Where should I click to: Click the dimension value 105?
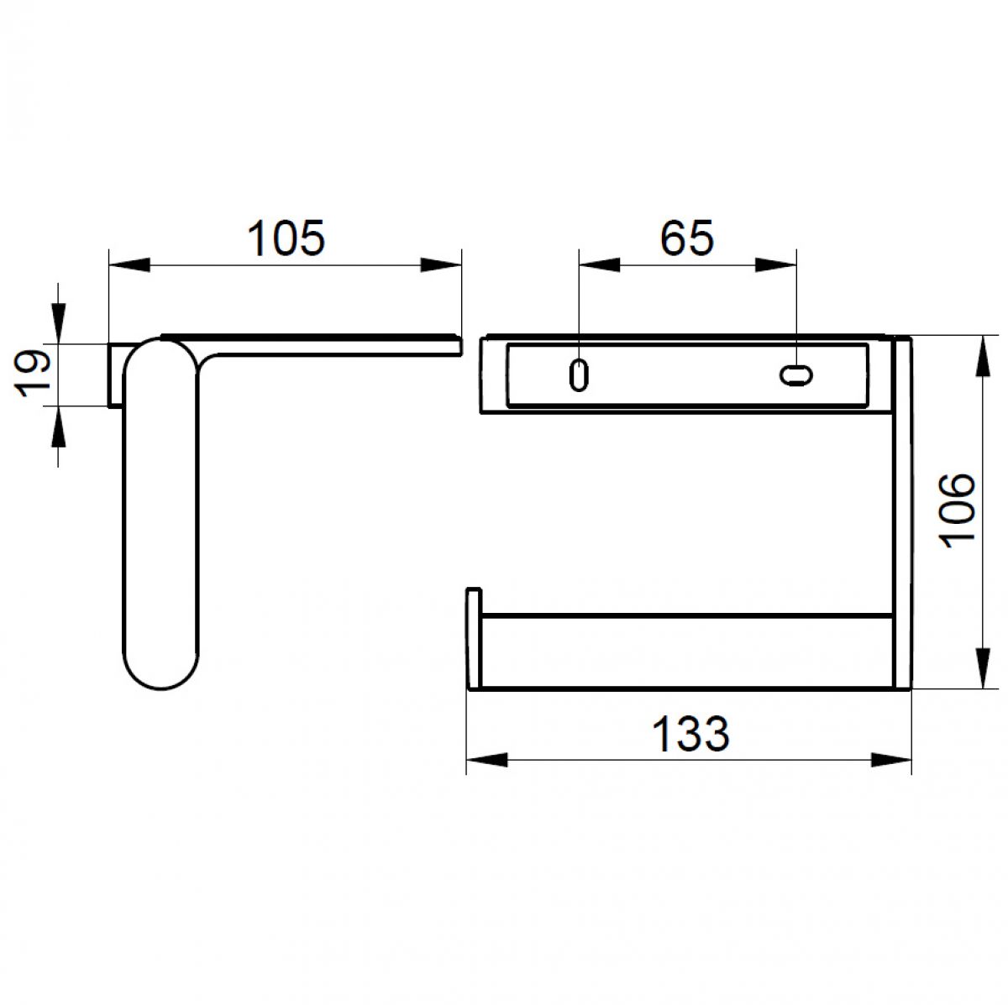(x=286, y=238)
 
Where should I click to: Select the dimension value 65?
(x=686, y=238)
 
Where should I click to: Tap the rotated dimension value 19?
(x=33, y=374)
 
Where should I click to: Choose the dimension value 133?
(x=690, y=734)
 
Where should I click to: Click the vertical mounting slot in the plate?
(x=578, y=375)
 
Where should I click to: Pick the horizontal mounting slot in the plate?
(x=795, y=375)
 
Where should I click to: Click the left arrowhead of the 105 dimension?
(x=129, y=264)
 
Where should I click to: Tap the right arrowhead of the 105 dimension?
(x=441, y=264)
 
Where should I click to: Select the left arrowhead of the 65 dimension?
(x=600, y=264)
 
